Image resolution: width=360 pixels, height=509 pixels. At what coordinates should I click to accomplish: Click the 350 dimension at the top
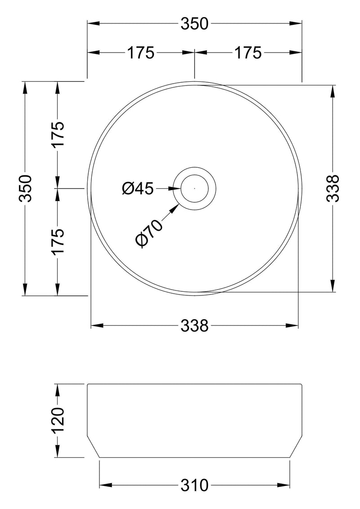pyautogui.click(x=194, y=24)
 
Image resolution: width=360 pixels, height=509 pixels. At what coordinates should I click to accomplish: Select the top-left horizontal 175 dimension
pyautogui.click(x=140, y=53)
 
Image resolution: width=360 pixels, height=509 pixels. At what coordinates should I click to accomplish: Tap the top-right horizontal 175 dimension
pyautogui.click(x=247, y=53)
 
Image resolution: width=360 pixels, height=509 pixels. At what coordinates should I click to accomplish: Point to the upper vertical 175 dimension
pyautogui.click(x=58, y=134)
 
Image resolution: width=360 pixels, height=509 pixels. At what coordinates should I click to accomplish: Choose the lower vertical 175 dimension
pyautogui.click(x=58, y=241)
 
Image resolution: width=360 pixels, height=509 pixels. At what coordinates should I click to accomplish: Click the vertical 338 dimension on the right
pyautogui.click(x=333, y=188)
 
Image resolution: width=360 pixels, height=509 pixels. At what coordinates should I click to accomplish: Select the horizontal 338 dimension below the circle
pyautogui.click(x=194, y=325)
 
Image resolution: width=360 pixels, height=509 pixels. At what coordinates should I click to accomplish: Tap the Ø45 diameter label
pyautogui.click(x=138, y=188)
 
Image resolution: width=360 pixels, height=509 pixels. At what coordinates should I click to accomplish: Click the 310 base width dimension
pyautogui.click(x=194, y=485)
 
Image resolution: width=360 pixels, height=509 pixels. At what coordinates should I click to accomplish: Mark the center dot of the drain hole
pyautogui.click(x=194, y=188)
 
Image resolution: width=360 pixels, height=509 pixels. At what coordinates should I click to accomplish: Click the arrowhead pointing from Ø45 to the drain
pyautogui.click(x=175, y=188)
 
